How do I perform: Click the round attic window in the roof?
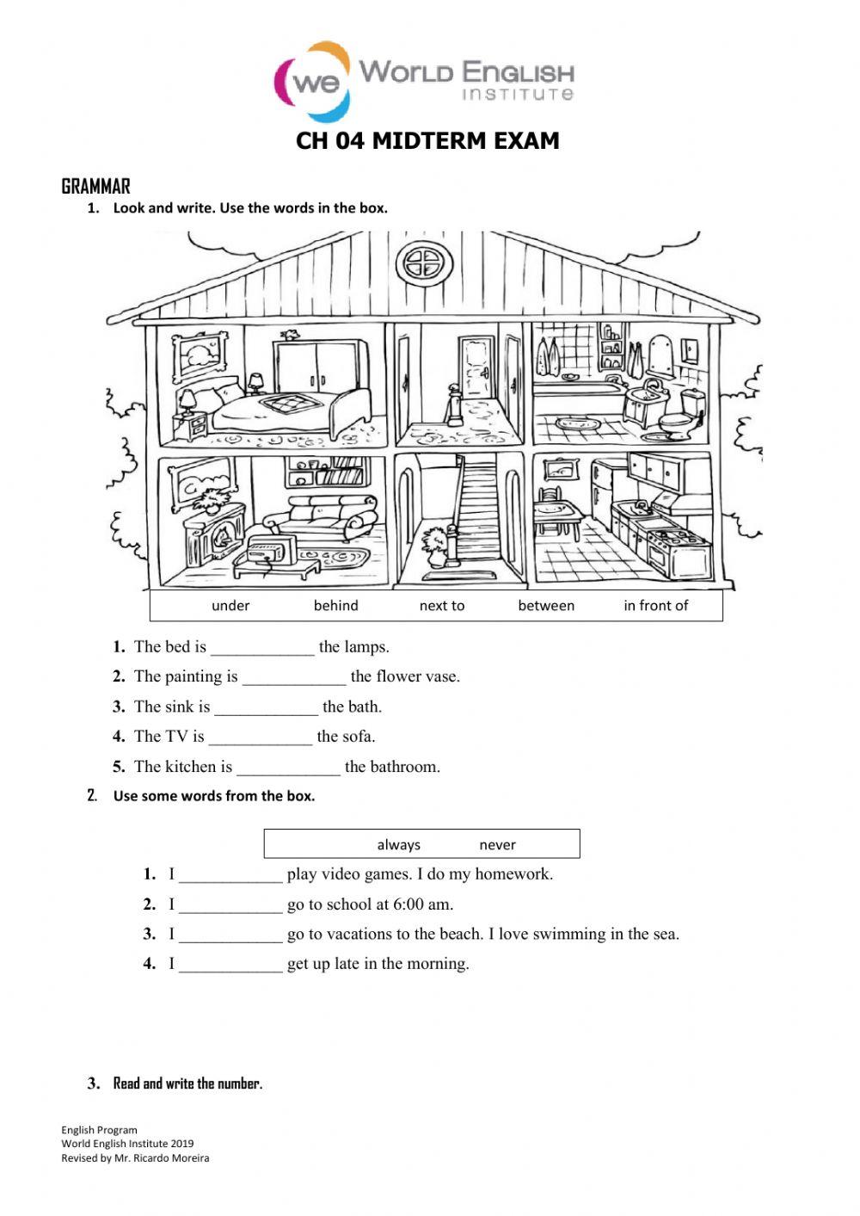423,262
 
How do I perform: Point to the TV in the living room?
269,549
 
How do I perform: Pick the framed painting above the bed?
200,355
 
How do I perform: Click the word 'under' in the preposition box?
230,606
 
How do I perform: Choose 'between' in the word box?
546,606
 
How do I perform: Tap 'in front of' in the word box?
655,606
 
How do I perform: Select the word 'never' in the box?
497,845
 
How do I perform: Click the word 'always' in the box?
398,845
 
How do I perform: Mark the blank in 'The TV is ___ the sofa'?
260,738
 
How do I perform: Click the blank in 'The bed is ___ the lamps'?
262,648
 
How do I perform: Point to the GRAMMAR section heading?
95,187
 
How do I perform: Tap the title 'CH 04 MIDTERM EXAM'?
427,141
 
